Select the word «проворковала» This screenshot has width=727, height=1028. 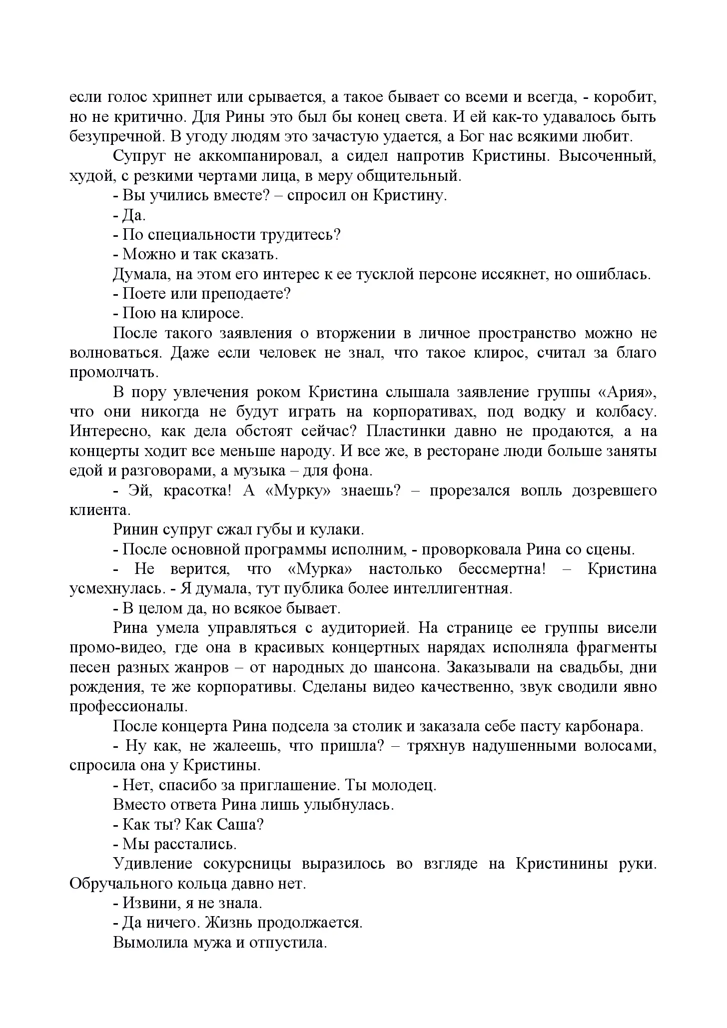(x=473, y=549)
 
